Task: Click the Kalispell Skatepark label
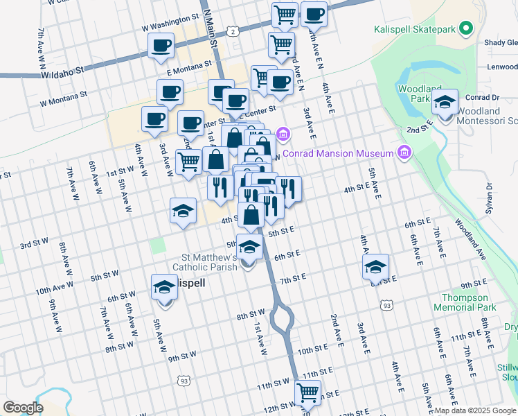tap(416, 30)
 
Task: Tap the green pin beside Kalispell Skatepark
tap(467, 29)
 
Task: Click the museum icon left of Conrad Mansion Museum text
tap(405, 153)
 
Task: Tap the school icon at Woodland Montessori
tap(445, 103)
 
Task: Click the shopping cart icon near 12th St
tap(308, 393)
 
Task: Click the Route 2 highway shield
tap(234, 31)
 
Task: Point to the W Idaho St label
tap(62, 71)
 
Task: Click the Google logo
tap(23, 408)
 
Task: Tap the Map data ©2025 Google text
tap(474, 410)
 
